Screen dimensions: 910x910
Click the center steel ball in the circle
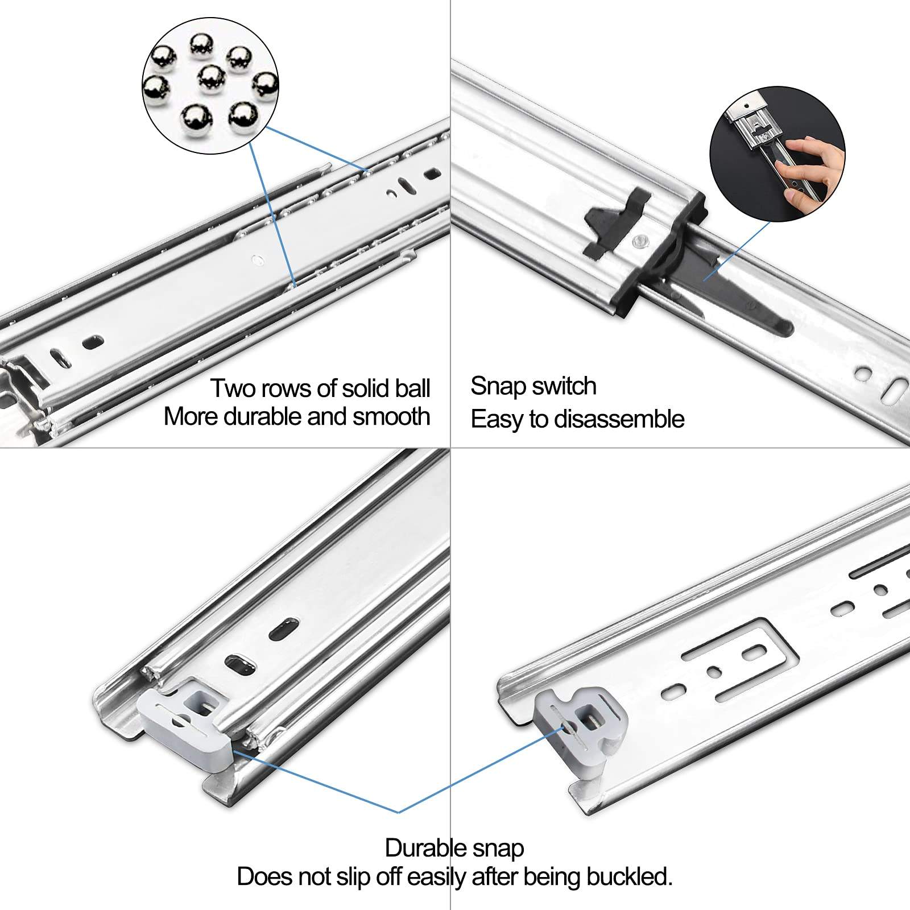click(x=212, y=78)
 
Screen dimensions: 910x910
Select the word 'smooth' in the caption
click(x=391, y=416)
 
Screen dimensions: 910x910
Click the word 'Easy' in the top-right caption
click(x=497, y=420)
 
